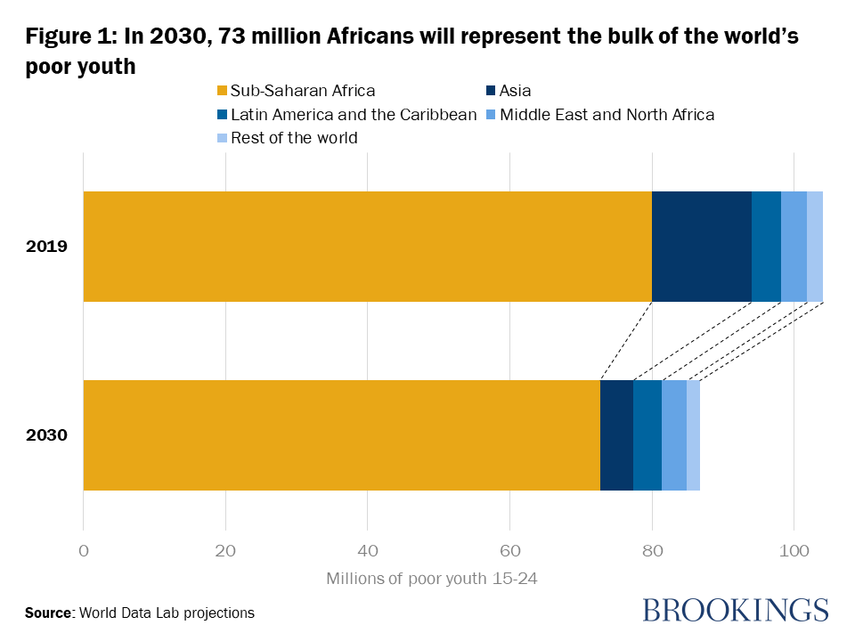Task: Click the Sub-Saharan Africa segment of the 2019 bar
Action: [367, 247]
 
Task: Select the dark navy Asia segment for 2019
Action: [702, 247]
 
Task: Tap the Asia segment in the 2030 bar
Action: [616, 435]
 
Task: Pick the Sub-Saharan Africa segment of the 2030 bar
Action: [341, 435]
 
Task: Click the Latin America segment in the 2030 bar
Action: [647, 435]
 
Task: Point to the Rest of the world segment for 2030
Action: [693, 435]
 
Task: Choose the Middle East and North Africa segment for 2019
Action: [794, 247]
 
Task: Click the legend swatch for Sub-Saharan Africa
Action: [223, 91]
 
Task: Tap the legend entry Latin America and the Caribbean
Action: [354, 115]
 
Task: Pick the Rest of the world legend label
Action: [294, 138]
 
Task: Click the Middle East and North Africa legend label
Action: [607, 115]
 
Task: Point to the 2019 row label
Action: [47, 247]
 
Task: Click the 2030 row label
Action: [47, 435]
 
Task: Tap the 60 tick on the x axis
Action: [509, 550]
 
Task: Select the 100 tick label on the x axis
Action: [794, 550]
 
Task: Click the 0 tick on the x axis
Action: [84, 550]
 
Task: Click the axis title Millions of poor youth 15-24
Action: [432, 579]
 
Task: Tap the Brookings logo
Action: [735, 610]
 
